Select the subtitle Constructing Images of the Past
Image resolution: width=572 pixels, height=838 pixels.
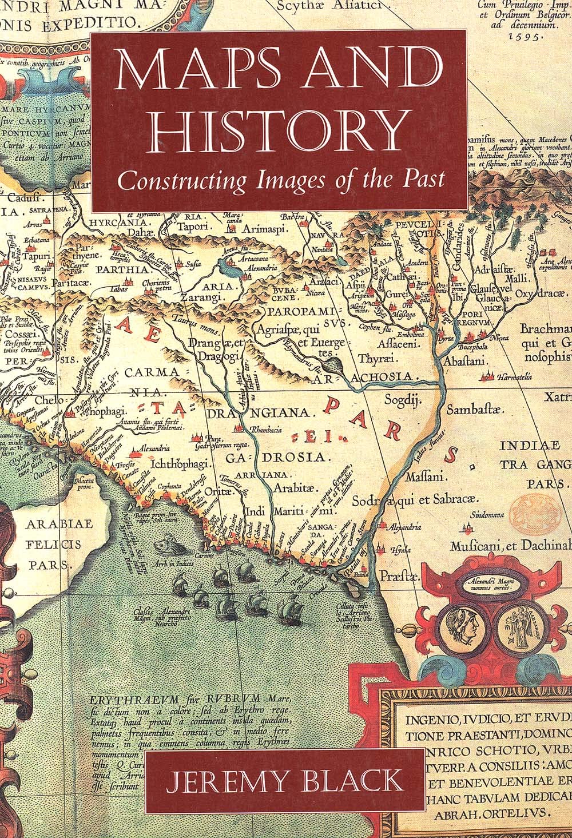tap(280, 180)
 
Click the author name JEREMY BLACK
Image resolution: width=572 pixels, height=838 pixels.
tap(285, 782)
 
